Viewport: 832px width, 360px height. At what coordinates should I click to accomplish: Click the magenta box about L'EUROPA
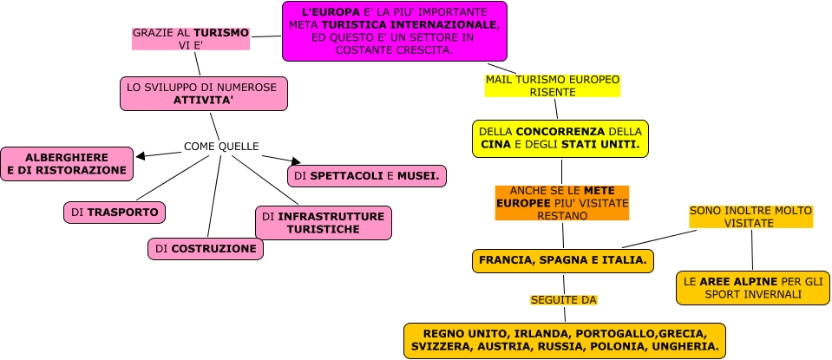click(x=394, y=31)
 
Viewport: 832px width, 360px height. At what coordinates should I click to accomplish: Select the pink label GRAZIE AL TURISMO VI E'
click(x=190, y=39)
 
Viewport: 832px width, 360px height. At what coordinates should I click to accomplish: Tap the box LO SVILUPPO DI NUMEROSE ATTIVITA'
click(x=203, y=94)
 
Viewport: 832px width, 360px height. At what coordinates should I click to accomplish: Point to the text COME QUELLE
click(x=221, y=146)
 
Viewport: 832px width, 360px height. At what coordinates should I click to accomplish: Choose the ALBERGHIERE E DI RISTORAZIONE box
click(x=67, y=163)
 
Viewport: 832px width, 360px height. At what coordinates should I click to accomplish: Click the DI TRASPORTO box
click(x=114, y=212)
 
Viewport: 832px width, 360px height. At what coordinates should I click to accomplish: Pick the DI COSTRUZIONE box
click(x=205, y=248)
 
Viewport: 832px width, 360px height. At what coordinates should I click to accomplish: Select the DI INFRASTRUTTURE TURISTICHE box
click(x=323, y=222)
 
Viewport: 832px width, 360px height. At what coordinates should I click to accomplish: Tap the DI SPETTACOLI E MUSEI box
click(x=366, y=176)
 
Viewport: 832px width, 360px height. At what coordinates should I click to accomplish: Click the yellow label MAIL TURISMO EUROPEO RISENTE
click(x=553, y=85)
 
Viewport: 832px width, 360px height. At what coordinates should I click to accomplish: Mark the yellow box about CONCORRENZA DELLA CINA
click(x=560, y=139)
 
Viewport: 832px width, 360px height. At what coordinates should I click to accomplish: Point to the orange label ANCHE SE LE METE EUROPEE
click(x=560, y=202)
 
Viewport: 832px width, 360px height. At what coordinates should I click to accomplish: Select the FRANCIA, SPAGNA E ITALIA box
click(x=562, y=260)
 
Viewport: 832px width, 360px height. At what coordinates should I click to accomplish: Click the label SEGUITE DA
click(x=564, y=300)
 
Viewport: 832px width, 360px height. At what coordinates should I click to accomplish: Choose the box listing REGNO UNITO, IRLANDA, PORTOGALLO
click(x=564, y=340)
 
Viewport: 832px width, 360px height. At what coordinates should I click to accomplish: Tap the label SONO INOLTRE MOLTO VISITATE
click(x=750, y=216)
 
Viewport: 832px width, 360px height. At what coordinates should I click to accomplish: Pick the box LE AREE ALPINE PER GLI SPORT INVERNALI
click(x=753, y=288)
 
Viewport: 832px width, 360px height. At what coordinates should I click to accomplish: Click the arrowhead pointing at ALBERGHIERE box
click(x=141, y=156)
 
